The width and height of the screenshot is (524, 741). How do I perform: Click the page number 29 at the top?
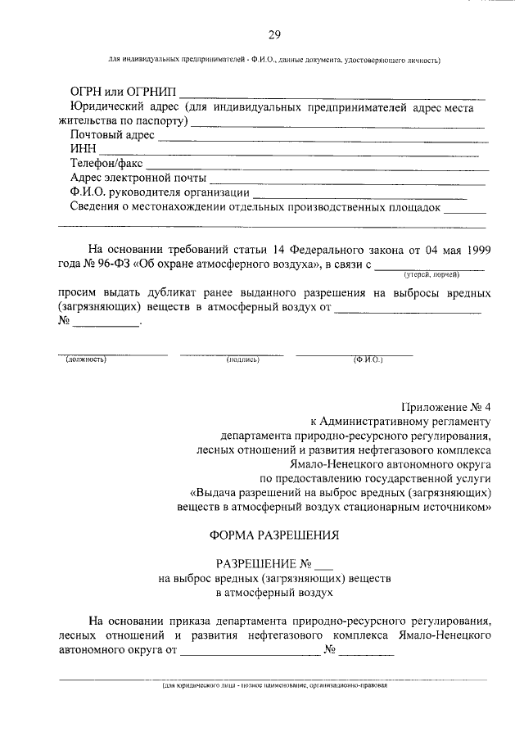tap(274, 34)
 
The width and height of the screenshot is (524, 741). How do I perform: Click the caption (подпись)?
tap(242, 359)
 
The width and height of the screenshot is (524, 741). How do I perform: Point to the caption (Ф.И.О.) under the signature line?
tap(368, 359)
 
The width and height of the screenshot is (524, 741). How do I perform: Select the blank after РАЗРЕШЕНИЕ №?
tap(324, 564)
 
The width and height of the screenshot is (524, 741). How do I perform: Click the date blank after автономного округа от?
tap(250, 653)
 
